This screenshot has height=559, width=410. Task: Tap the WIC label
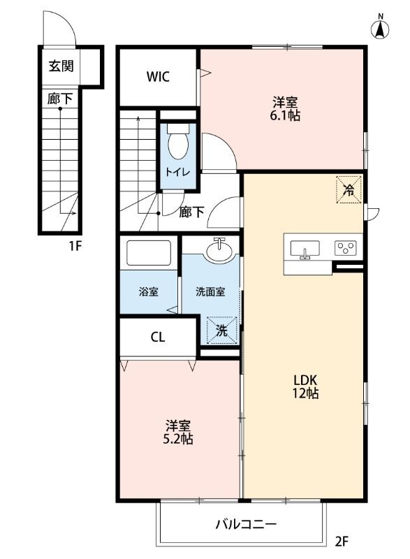(157, 77)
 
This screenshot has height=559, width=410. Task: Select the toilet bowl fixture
(177, 143)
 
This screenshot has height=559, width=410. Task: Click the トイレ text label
(177, 172)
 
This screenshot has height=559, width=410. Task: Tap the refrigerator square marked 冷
(348, 189)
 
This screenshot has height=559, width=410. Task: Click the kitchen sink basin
(305, 249)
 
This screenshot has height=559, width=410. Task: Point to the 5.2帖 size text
(180, 440)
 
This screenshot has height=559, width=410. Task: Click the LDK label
(305, 380)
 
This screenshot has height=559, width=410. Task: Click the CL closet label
(158, 337)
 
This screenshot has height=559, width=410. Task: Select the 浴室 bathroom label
(147, 291)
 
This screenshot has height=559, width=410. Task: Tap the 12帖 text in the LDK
(305, 394)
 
